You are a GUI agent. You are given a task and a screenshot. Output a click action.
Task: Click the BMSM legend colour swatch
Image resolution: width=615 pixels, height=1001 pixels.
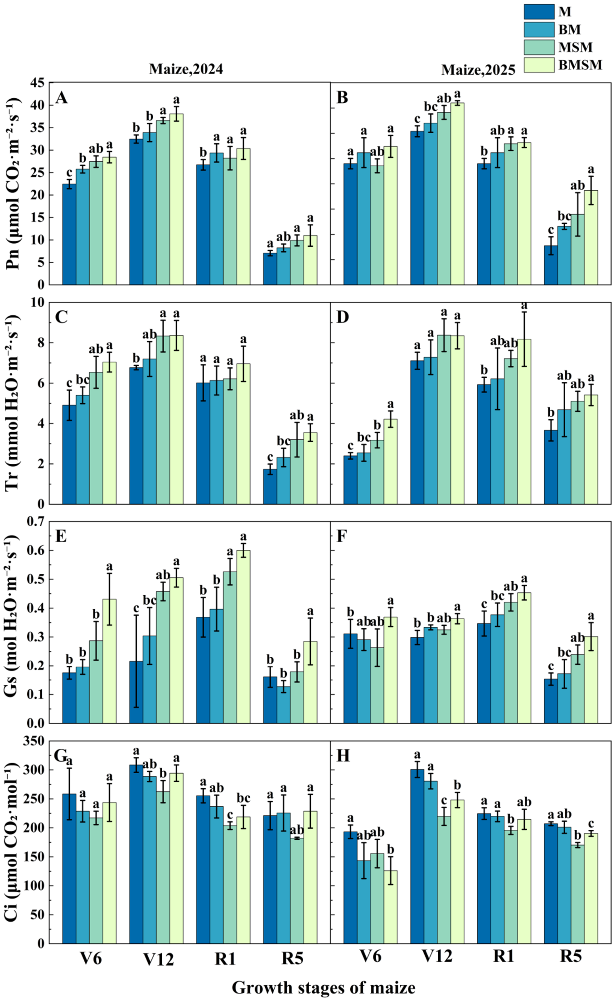(539, 65)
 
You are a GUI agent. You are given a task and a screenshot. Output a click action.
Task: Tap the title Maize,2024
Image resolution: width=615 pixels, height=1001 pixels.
(186, 69)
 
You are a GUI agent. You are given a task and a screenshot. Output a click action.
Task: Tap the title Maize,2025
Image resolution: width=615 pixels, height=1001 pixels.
(478, 70)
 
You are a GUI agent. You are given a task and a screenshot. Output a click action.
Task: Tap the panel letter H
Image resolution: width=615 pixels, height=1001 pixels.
(344, 756)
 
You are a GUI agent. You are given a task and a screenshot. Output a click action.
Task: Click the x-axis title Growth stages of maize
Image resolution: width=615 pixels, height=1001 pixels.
(323, 987)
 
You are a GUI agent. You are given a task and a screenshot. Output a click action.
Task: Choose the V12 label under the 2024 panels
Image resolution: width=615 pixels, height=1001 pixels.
(159, 957)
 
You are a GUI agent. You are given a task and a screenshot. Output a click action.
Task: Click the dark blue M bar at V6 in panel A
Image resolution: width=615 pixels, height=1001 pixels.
(69, 234)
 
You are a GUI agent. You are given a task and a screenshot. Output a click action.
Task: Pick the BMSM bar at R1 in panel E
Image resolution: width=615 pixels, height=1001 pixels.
(243, 636)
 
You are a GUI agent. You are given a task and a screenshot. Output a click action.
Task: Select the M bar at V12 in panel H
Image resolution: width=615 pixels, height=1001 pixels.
(417, 857)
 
